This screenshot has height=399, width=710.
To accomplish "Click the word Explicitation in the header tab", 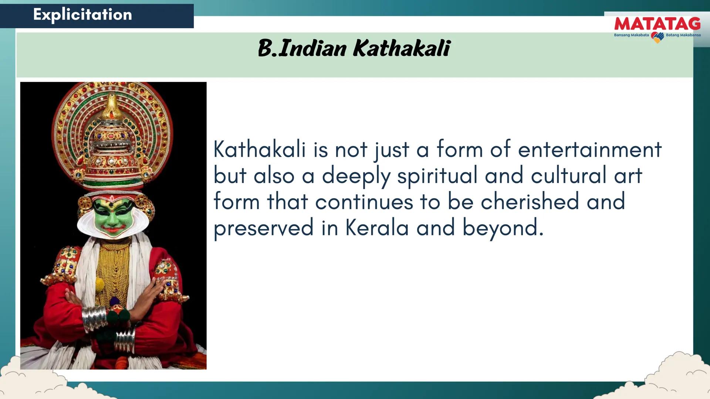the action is coord(82,15).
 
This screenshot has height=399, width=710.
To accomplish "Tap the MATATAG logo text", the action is coord(657,24).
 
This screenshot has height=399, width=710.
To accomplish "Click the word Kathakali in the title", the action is coord(402,48).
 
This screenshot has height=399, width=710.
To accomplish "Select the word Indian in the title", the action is coord(312,48).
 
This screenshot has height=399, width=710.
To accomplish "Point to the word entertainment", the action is coord(589,150).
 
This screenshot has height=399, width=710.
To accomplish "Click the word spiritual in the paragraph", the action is coord(437,176).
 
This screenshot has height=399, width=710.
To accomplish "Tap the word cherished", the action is coord(530,201).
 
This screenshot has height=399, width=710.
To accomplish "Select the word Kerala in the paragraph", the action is coord(377,228).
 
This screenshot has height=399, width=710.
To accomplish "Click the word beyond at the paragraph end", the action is coord(503,228).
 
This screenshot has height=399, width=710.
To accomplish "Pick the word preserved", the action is coord(264,228).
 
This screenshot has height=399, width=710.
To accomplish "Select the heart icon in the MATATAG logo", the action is coord(657,37).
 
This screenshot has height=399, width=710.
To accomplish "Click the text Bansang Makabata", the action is coord(631,35).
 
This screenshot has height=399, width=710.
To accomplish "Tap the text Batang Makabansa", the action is coord(683,35).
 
